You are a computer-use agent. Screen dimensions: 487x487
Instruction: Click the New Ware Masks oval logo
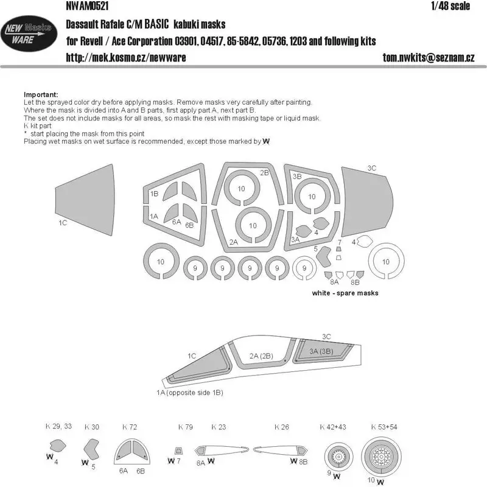29,33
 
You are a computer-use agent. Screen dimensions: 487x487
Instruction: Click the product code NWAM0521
87,6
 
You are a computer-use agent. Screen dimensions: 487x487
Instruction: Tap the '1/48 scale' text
450,6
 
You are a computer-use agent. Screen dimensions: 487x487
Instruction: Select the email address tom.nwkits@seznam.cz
429,57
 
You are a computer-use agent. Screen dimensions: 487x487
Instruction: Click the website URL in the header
126,57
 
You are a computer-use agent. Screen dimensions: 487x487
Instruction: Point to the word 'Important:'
41,94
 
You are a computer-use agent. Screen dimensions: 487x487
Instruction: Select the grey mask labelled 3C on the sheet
367,202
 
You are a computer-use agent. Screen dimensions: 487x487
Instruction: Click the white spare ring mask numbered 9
295,268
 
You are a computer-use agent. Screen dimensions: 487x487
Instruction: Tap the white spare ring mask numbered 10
371,261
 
